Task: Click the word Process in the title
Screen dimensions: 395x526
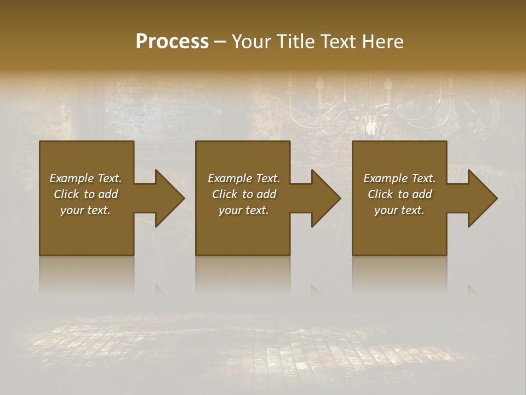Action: pyautogui.click(x=172, y=42)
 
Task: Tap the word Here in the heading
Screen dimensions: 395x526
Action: pyautogui.click(x=383, y=42)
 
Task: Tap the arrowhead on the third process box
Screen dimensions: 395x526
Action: pyautogui.click(x=482, y=198)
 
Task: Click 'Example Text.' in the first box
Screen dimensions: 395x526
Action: pyautogui.click(x=85, y=178)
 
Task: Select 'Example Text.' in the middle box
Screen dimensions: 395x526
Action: pyautogui.click(x=243, y=178)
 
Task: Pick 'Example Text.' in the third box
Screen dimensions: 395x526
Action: pyautogui.click(x=399, y=178)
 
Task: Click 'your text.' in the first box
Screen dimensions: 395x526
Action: pyautogui.click(x=85, y=210)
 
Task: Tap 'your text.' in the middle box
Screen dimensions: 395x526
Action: pyautogui.click(x=243, y=210)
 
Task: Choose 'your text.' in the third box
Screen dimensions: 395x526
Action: pyautogui.click(x=399, y=210)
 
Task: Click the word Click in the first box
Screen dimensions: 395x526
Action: pyautogui.click(x=66, y=194)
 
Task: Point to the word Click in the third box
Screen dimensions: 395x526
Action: pyautogui.click(x=380, y=194)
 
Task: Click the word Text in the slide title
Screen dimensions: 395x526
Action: pyautogui.click(x=338, y=42)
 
